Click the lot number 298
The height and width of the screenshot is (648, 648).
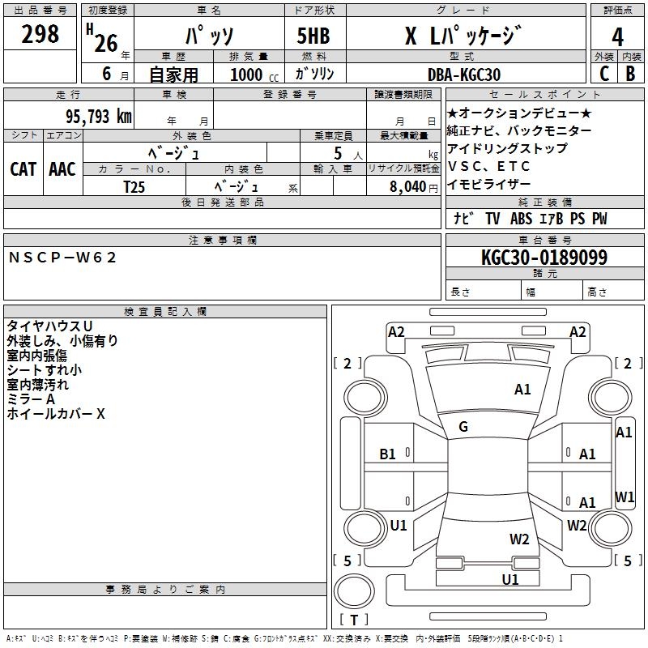tap(41, 34)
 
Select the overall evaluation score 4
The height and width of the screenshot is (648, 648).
tap(617, 37)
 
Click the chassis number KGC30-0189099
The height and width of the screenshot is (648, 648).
tap(544, 258)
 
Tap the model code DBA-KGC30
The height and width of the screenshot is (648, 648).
tap(463, 75)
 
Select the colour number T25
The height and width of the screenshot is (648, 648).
tap(134, 185)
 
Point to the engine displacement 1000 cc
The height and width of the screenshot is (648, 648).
tap(250, 75)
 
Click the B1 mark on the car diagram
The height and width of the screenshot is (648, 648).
tap(387, 454)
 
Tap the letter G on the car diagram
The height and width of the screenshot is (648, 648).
tap(463, 427)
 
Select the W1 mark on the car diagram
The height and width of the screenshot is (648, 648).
tap(625, 497)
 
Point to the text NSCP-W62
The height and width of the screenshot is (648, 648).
tap(63, 258)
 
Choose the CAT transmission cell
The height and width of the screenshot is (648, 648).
tap(23, 169)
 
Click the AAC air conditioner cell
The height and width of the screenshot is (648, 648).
tap(62, 169)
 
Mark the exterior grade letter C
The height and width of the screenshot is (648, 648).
tap(603, 73)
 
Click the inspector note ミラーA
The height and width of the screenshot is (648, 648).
tap(31, 399)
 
